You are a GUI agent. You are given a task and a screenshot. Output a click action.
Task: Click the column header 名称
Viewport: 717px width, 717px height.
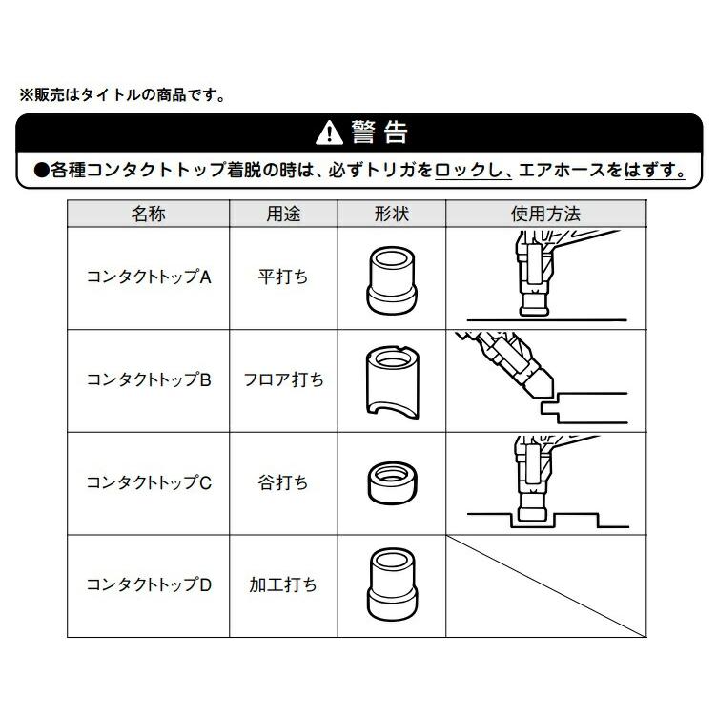149,214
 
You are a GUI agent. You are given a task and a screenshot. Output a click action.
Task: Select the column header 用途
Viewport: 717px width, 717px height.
283,214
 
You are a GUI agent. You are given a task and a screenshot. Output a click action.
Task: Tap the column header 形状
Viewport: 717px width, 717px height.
391,214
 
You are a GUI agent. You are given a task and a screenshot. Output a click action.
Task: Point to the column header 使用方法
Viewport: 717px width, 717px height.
546,214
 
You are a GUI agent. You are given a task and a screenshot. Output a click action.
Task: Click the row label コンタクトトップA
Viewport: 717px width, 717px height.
149,277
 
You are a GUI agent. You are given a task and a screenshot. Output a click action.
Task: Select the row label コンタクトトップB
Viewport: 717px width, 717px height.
149,379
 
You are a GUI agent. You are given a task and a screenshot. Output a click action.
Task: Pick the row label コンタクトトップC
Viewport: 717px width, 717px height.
149,482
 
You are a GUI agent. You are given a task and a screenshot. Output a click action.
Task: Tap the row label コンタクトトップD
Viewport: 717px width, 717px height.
149,585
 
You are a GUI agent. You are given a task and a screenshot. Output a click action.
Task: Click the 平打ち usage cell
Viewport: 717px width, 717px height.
283,277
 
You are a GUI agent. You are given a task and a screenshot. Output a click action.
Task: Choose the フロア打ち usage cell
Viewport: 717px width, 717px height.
283,379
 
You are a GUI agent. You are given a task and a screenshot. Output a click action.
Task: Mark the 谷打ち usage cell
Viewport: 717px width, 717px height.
283,482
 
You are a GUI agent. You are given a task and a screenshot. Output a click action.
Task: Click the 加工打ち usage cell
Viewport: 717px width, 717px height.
283,585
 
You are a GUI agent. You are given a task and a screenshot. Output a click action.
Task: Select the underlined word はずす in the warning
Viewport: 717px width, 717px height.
654,171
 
